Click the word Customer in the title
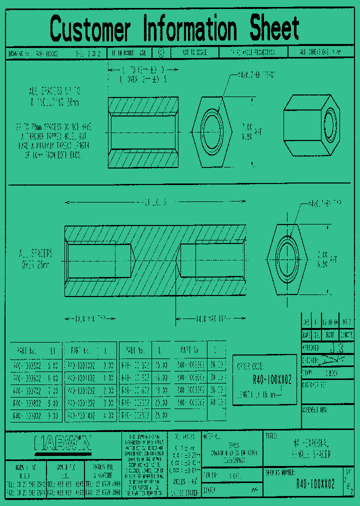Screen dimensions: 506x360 (90, 29)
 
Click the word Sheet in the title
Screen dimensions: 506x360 (274, 29)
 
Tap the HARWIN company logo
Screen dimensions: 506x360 (63, 443)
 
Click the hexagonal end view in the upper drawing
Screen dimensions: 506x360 (212, 132)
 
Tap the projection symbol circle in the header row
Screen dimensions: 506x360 (160, 52)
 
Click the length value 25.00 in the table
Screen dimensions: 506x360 (161, 414)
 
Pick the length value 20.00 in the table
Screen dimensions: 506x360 (161, 402)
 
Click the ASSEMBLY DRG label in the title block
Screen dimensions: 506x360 (314, 409)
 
